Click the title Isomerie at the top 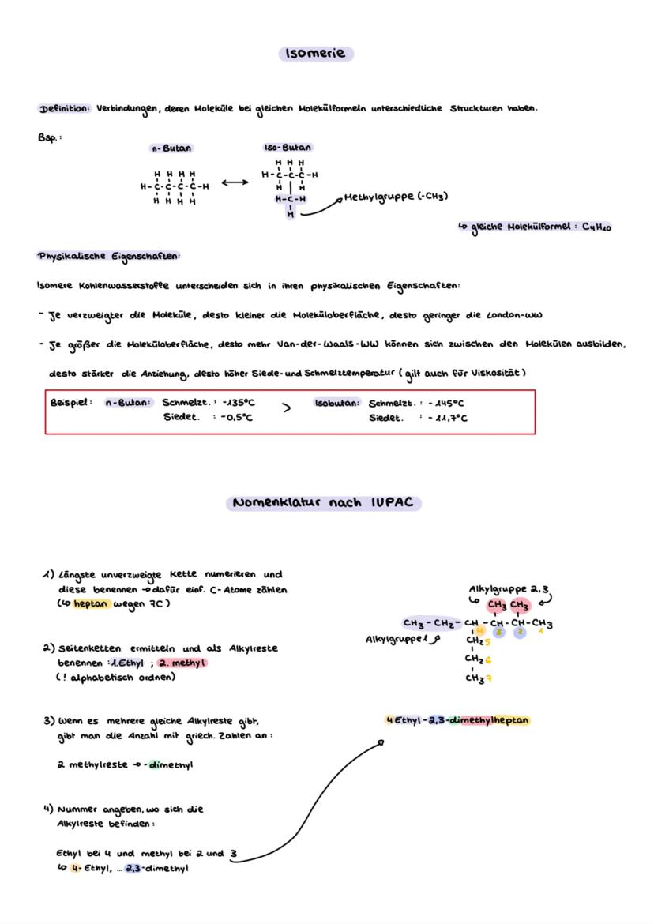(x=316, y=54)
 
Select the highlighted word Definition (x=65, y=108)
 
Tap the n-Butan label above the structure (x=171, y=148)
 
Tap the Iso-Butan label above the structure (x=287, y=148)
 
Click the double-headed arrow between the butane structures (x=235, y=183)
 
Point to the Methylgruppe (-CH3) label (x=395, y=196)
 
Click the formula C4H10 (x=597, y=227)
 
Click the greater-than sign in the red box (x=287, y=409)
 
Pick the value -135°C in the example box (x=235, y=402)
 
